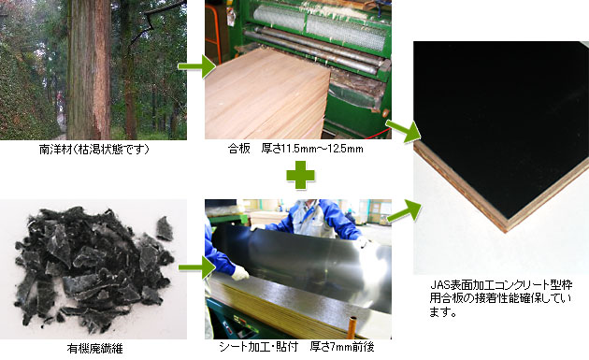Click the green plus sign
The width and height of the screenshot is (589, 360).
(300, 175)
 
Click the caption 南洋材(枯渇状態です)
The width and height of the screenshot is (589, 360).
(94, 150)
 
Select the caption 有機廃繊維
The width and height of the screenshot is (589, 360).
(94, 349)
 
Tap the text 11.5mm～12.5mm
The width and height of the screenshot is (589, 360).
(323, 149)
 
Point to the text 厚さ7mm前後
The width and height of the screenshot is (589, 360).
(342, 347)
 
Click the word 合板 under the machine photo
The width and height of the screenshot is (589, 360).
(239, 149)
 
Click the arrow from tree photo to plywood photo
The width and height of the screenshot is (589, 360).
(196, 66)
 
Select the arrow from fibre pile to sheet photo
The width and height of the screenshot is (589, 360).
(196, 267)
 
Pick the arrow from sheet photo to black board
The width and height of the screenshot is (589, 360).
(404, 210)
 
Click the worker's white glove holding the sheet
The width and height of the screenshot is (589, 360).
(239, 272)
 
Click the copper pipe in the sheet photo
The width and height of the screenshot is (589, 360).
(352, 326)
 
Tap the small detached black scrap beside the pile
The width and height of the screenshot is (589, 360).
(165, 228)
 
